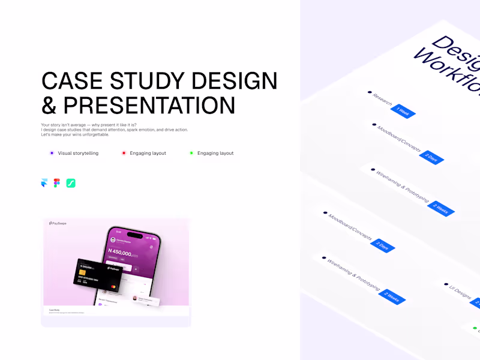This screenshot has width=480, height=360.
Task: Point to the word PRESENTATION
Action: [149, 105]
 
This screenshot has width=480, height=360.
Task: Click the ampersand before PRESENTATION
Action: [49, 105]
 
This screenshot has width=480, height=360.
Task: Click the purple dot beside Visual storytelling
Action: [52, 153]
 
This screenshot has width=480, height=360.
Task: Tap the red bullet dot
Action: [124, 153]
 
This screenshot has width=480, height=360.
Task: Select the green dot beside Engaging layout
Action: [191, 153]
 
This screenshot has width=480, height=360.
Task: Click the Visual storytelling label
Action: [78, 153]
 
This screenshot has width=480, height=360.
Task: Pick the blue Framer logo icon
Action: [44, 183]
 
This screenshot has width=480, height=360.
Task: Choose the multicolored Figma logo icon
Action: [56, 183]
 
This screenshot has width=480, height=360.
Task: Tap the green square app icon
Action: [70, 183]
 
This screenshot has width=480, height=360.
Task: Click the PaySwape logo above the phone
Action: [58, 223]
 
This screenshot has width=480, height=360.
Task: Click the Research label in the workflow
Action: [382, 99]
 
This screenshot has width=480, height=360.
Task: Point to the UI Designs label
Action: [460, 292]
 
